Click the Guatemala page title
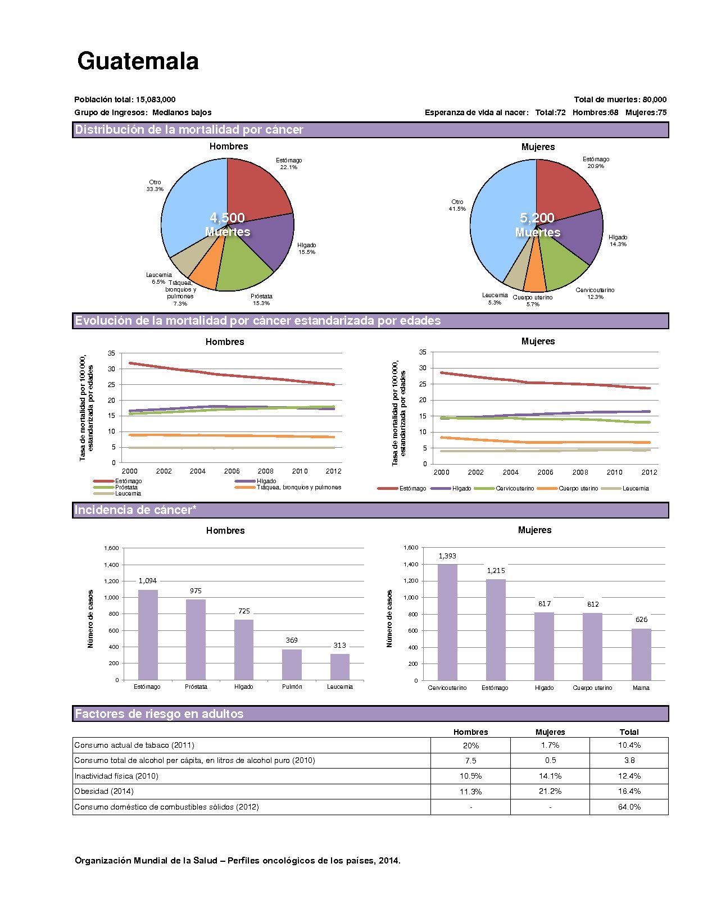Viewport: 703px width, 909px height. (x=138, y=61)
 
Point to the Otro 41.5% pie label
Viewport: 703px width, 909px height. (x=457, y=206)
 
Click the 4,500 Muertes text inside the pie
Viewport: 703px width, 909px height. (x=227, y=225)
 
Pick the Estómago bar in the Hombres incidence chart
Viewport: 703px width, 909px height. (x=148, y=635)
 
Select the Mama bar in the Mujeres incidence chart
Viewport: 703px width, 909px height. (x=641, y=655)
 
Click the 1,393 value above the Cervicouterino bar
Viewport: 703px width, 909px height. (x=447, y=556)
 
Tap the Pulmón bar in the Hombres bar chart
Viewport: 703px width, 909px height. (x=292, y=665)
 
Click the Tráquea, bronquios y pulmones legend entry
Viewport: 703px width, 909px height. (x=299, y=487)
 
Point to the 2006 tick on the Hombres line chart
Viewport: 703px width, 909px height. (x=232, y=471)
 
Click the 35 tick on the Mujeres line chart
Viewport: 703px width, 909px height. (x=423, y=352)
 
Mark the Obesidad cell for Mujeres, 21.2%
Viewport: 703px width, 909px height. (x=550, y=791)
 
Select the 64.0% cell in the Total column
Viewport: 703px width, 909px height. (x=629, y=807)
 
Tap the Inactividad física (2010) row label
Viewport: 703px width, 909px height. (x=116, y=776)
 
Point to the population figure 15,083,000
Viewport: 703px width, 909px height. (x=156, y=99)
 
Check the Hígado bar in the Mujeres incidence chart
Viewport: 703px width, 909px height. (x=544, y=647)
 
